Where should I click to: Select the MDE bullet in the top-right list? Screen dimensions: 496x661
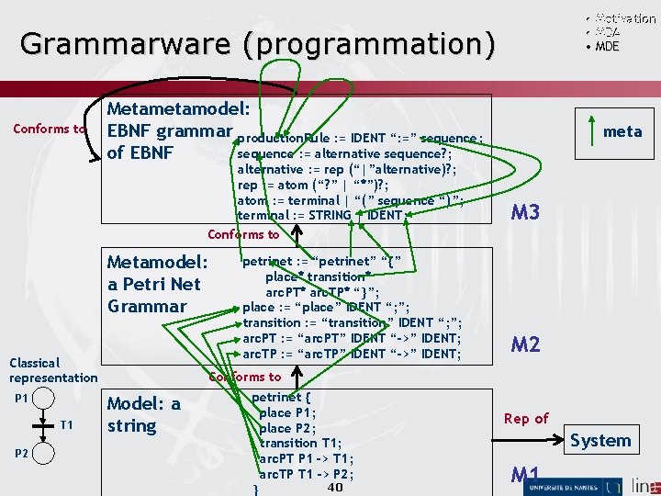click(606, 46)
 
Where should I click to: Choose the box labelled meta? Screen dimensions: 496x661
click(622, 131)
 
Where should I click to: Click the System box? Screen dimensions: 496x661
click(599, 440)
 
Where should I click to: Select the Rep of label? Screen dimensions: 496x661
click(526, 418)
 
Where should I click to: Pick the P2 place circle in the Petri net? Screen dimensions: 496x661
click(42, 454)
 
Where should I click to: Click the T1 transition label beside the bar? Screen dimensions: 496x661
click(67, 424)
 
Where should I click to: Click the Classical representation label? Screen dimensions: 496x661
click(52, 370)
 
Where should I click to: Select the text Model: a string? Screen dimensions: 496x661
click(144, 414)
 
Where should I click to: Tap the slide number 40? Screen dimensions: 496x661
click(334, 487)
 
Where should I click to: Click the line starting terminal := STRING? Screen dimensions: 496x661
click(319, 215)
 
